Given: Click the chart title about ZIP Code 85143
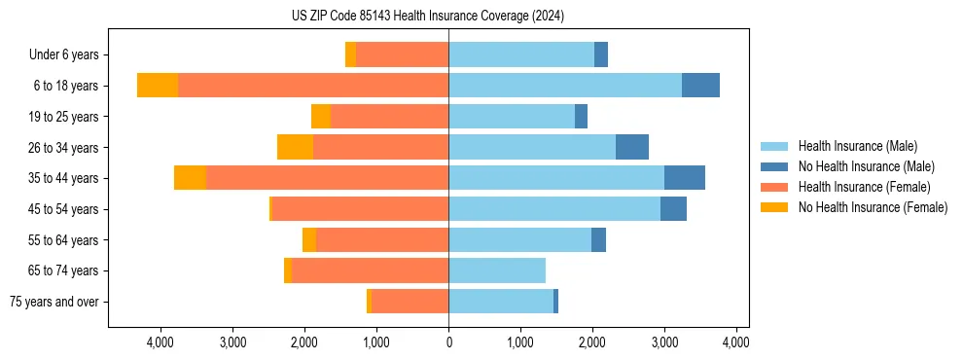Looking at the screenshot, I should (428, 17).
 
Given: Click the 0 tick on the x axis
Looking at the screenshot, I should (448, 342).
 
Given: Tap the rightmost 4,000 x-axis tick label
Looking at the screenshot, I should (735, 342).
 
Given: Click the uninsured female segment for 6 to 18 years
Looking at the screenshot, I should (158, 86).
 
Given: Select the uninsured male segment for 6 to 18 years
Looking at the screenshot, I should (700, 86).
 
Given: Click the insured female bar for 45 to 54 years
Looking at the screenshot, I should (360, 209).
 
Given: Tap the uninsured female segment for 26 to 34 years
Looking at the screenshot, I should (295, 147).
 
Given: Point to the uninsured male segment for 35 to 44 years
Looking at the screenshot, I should (685, 178).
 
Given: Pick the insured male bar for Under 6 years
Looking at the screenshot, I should (521, 55).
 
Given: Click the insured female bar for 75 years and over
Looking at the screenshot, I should (410, 302).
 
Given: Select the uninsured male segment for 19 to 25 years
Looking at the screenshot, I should (581, 117).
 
